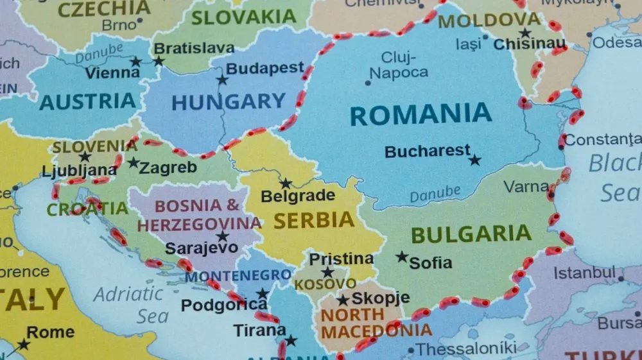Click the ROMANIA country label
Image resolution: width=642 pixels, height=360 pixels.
(421, 114)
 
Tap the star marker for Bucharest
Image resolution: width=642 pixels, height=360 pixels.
(474, 160)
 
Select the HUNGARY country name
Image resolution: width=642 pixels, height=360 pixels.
(229, 101)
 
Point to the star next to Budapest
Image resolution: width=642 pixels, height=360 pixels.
(222, 80)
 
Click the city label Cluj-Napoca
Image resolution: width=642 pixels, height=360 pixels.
(399, 65)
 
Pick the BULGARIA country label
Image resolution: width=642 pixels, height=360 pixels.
(471, 234)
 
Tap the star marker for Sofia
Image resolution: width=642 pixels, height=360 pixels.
(402, 257)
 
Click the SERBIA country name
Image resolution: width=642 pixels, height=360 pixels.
(314, 220)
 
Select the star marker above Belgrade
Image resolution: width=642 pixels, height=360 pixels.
(286, 184)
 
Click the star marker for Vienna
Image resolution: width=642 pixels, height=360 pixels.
(135, 62)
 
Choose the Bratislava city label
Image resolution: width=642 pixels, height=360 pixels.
(194, 48)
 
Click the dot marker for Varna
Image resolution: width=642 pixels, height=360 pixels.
(551, 188)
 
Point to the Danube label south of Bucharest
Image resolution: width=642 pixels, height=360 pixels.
(435, 193)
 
